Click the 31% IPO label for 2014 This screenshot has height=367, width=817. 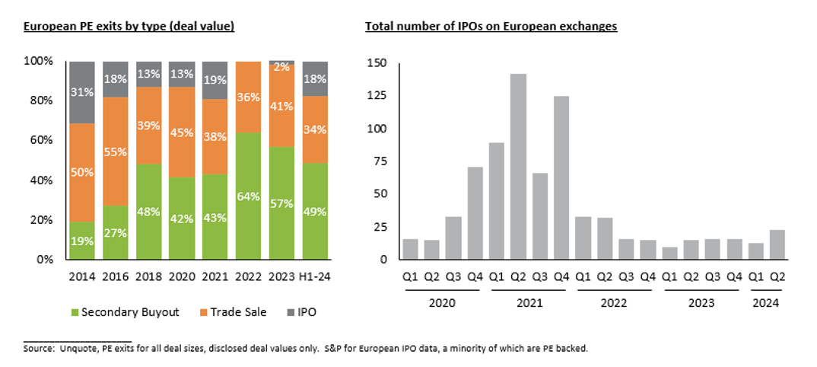81,91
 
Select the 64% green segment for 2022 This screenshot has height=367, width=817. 248,196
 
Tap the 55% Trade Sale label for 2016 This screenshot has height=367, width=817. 115,152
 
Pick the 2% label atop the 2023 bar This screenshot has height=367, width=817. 281,66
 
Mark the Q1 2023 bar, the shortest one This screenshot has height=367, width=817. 669,253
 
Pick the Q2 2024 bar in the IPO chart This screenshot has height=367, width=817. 777,244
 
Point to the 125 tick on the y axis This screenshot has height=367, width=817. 377,96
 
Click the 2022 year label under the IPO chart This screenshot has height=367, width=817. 615,303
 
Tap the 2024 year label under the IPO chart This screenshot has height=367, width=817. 767,303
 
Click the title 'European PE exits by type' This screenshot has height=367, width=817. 129,27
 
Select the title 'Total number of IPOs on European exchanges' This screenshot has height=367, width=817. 491,27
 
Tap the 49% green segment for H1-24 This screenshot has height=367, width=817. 314,211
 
